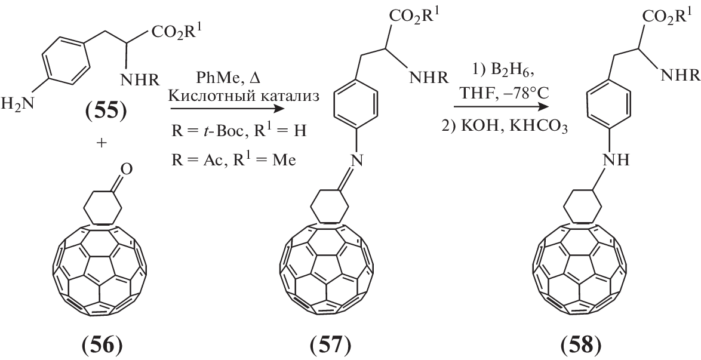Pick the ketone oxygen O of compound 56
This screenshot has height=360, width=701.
click(x=127, y=170)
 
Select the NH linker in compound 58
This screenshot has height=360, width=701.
click(x=617, y=159)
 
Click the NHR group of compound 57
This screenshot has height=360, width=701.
click(x=428, y=78)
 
